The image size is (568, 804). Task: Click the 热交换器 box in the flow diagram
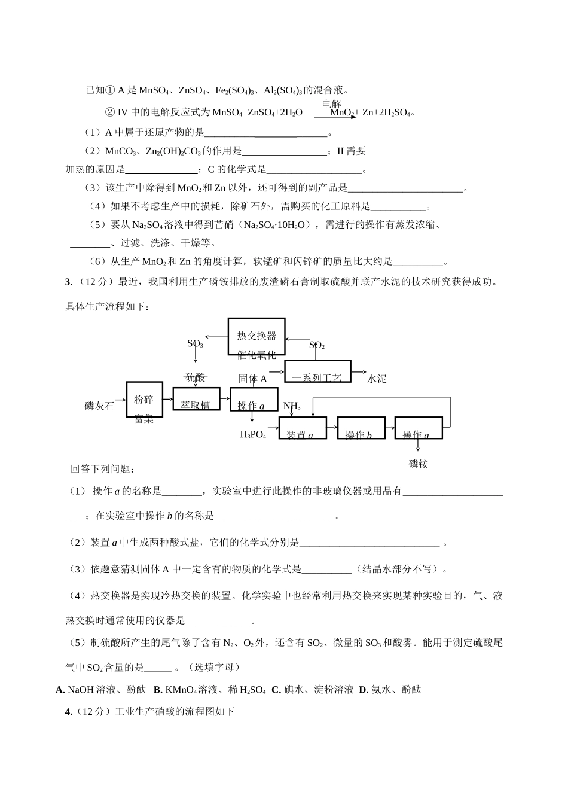256,336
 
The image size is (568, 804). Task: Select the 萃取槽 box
196,399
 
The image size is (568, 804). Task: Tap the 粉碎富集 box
144,400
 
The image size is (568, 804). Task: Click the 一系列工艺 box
317,372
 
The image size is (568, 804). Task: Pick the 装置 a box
303,428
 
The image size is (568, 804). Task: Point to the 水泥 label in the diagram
377,379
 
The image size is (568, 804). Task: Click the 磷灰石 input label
99,406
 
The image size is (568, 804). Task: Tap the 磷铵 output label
419,464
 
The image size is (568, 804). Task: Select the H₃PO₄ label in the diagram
253,434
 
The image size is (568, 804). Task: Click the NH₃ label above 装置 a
292,406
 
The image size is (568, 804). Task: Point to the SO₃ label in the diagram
195,344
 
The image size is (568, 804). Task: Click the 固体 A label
252,379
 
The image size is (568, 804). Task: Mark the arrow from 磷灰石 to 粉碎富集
120,400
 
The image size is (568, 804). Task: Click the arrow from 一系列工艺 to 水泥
359,371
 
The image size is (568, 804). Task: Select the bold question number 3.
68,282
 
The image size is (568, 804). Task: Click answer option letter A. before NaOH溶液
60,690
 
